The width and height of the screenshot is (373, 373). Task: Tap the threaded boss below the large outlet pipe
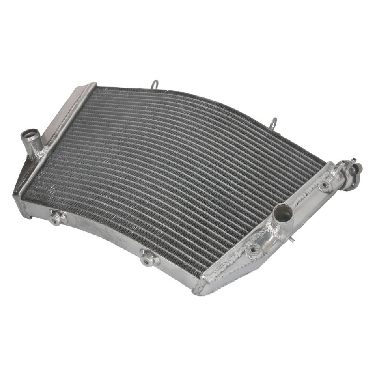(x=255, y=249)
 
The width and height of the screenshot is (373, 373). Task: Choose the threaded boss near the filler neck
(x=325, y=184)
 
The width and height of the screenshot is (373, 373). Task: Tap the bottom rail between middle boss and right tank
(x=175, y=270)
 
